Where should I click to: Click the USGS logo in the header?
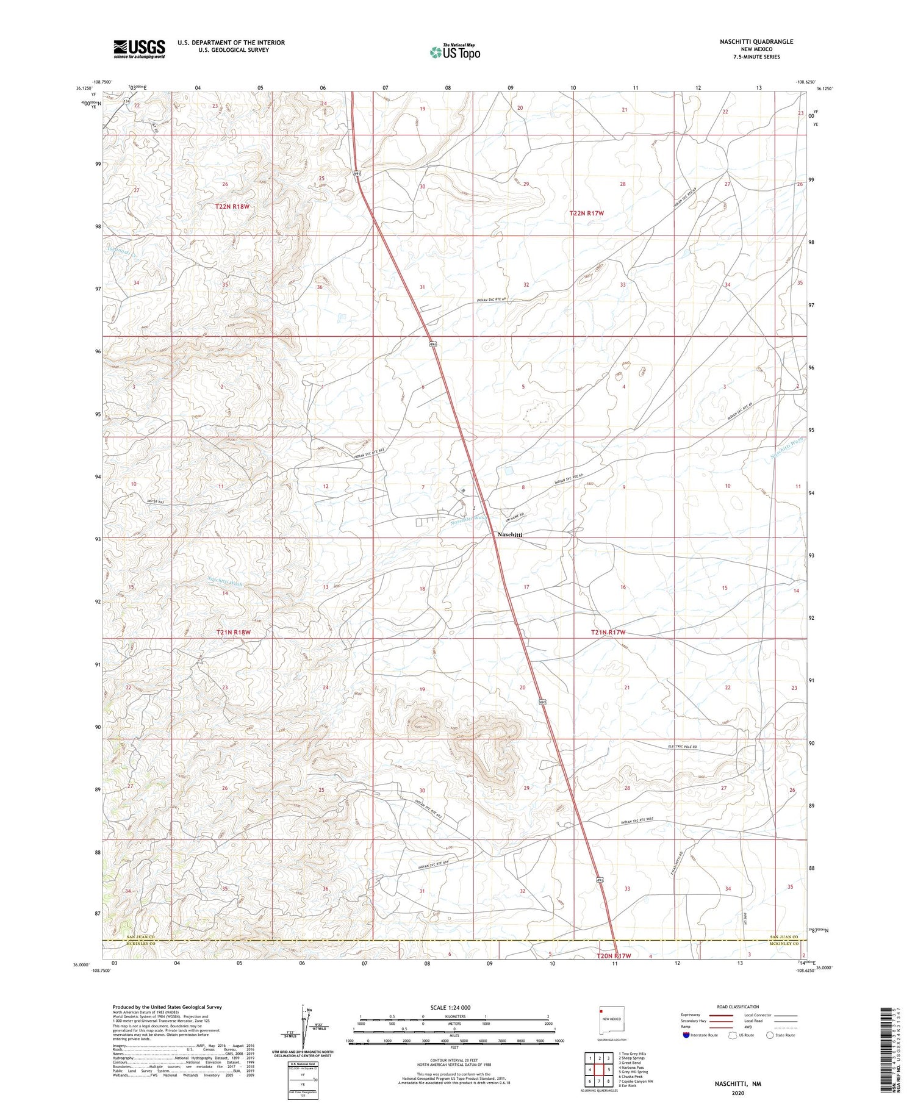(x=139, y=49)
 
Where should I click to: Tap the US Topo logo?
(x=455, y=52)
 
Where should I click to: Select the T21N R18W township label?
(x=233, y=633)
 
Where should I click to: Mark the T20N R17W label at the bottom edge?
(x=613, y=956)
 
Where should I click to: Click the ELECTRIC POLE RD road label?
(x=680, y=747)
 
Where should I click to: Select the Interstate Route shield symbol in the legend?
(x=686, y=1035)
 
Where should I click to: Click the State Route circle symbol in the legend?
(x=770, y=1035)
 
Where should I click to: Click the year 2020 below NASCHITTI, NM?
(x=737, y=1093)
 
